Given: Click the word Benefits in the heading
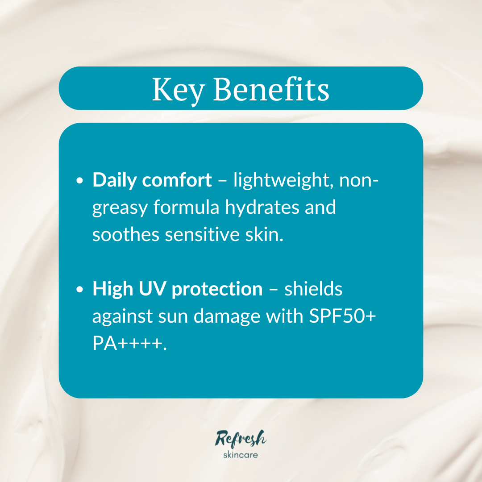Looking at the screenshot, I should pyautogui.click(x=271, y=89).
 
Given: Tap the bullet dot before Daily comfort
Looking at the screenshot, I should pyautogui.click(x=80, y=181).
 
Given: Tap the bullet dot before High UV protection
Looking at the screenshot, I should pyautogui.click(x=80, y=290).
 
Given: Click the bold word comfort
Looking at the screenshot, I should pyautogui.click(x=177, y=180).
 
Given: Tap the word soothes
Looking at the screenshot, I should pyautogui.click(x=125, y=235).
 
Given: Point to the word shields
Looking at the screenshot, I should pyautogui.click(x=313, y=289).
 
